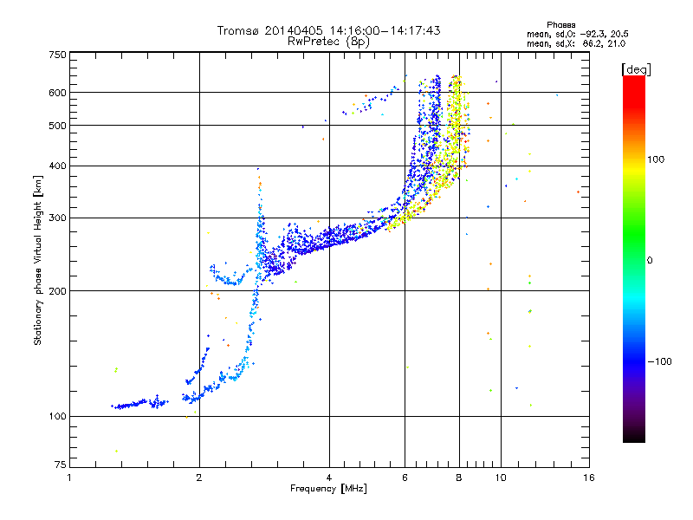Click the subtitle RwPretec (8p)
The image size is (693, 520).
328,42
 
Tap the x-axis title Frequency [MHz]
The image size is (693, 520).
328,489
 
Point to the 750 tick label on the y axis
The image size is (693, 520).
57,55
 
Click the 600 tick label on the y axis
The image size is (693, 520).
57,93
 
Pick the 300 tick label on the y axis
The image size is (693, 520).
57,218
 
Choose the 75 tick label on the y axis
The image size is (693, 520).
61,465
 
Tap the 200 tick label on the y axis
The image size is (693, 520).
57,291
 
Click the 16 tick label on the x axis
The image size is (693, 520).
589,478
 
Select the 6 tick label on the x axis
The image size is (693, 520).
405,478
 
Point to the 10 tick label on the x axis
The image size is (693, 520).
501,478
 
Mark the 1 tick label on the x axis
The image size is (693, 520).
69,478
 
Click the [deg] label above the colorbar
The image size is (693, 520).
636,69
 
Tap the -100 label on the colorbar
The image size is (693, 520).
660,361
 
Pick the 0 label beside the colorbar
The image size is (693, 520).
650,261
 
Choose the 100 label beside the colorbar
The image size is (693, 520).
656,159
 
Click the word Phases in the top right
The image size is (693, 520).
560,25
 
